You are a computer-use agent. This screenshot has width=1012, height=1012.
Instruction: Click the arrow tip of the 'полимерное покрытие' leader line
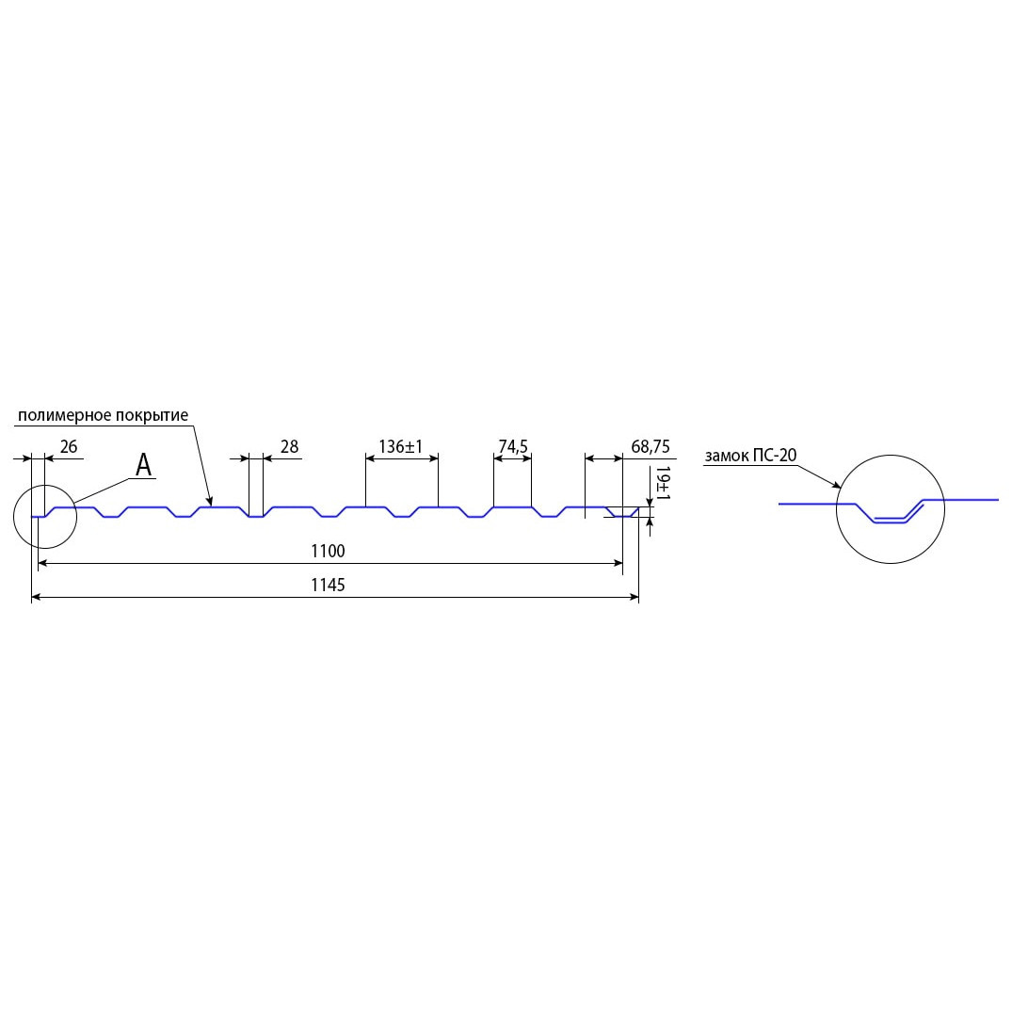(211, 506)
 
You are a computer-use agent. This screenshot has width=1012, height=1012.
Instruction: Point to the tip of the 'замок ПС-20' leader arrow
(842, 488)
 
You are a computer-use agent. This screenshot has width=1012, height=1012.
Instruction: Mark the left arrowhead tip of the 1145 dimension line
(32, 598)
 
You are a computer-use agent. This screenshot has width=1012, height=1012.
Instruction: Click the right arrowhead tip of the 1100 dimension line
(623, 564)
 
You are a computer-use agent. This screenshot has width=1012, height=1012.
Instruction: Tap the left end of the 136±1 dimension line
(365, 458)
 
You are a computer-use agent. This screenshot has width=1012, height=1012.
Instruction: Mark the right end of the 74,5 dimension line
(531, 458)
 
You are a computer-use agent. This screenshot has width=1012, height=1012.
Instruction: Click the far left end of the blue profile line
(32, 517)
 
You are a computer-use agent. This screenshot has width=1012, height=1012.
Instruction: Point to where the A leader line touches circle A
(74, 503)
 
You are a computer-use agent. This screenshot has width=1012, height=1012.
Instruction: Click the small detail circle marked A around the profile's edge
(45, 516)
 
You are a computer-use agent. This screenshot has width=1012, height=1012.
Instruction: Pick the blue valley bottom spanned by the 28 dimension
(256, 517)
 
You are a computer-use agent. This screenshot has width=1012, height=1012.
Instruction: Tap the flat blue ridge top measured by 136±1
(401, 507)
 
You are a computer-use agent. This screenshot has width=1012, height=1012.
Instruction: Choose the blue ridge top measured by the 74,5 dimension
(512, 507)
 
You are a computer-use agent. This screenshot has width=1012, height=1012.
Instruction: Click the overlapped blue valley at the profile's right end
(622, 513)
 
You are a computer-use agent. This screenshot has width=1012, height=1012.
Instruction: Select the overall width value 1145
(328, 585)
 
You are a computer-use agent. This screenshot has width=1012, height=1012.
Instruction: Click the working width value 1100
(328, 551)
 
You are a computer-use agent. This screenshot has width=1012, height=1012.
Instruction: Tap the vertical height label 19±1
(663, 484)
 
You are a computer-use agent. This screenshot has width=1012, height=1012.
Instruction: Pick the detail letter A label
(143, 465)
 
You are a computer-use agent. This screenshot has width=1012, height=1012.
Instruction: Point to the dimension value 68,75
(651, 446)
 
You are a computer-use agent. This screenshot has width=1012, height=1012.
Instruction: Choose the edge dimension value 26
(69, 446)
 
